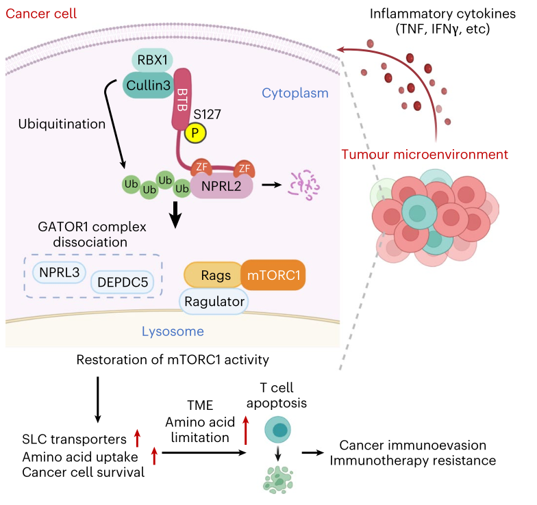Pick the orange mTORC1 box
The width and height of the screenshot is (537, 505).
click(x=273, y=276)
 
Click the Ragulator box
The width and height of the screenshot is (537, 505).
click(x=213, y=301)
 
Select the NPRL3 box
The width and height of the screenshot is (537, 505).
click(x=59, y=272)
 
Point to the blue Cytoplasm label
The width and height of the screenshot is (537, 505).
click(x=295, y=93)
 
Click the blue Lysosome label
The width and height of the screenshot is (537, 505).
click(x=173, y=333)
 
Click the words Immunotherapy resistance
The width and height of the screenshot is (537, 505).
click(x=413, y=461)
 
